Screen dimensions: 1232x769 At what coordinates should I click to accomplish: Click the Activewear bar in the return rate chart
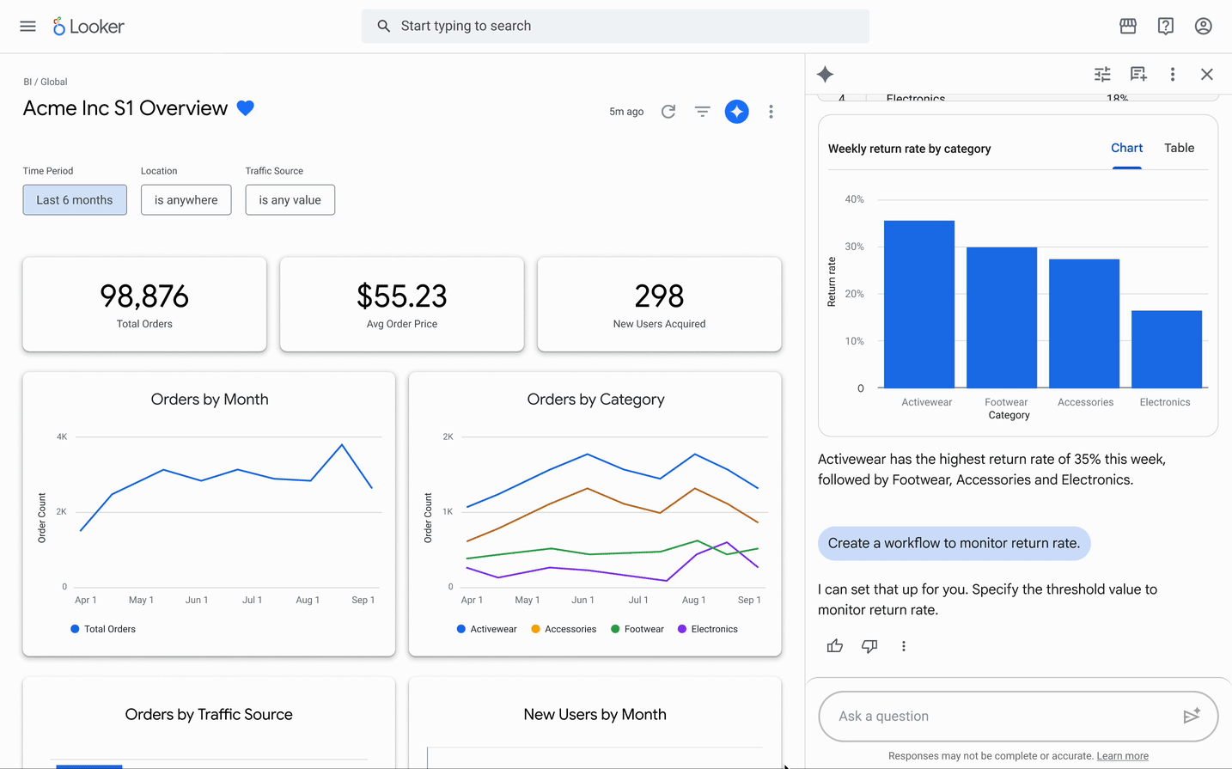click(x=919, y=304)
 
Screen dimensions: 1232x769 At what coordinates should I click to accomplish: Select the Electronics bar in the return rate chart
click(x=1167, y=350)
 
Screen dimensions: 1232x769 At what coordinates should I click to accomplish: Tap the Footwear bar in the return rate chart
click(x=1002, y=317)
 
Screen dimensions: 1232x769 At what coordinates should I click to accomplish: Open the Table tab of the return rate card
click(x=1180, y=148)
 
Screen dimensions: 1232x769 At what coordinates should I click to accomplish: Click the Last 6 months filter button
click(x=75, y=199)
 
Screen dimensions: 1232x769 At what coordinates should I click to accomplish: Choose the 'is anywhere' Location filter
click(x=186, y=199)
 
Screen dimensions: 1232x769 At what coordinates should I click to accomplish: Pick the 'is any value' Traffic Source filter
click(x=290, y=199)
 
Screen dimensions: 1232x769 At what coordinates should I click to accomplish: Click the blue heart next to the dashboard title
click(x=246, y=107)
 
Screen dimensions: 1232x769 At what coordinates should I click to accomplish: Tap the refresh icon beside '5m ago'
click(x=668, y=112)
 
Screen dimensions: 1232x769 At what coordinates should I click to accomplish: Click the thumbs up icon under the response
click(x=835, y=646)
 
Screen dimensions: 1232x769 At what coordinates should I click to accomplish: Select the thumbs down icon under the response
click(x=869, y=646)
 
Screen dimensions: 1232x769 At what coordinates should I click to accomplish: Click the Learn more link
click(x=1123, y=756)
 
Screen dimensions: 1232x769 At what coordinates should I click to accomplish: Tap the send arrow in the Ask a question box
click(x=1192, y=716)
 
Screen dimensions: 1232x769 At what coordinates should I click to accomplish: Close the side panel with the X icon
click(x=1207, y=74)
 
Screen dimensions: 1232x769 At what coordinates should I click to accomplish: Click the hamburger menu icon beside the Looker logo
click(x=27, y=26)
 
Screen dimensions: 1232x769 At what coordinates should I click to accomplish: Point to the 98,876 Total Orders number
click(x=144, y=296)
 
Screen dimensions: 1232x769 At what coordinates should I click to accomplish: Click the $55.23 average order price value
click(x=401, y=296)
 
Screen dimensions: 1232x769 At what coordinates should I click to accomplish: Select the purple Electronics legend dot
click(x=682, y=629)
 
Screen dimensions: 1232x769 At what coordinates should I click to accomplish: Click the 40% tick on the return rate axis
click(x=854, y=199)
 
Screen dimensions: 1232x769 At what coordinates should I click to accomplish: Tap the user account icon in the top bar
click(x=1203, y=26)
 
